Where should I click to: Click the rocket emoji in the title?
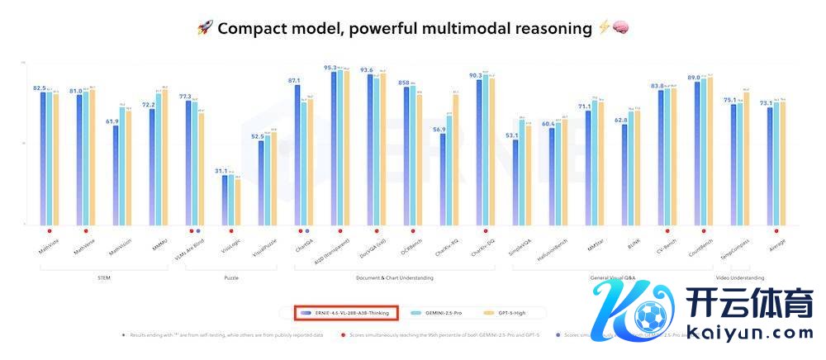pos(205,28)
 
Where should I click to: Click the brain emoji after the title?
pos(621,28)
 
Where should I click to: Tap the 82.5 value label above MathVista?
pos(39,88)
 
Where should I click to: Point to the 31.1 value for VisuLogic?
pos(221,171)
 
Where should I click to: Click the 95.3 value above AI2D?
pos(330,68)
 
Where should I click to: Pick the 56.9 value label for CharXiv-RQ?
pos(439,130)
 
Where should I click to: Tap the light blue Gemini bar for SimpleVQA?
pos(522,173)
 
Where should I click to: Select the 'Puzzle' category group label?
pos(231,278)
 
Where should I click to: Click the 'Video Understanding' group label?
pos(739,278)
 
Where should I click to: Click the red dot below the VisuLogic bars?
pos(231,231)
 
